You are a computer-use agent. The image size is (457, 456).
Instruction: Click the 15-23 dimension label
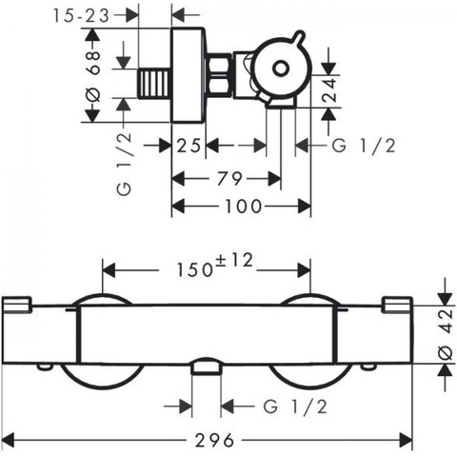(x=81, y=15)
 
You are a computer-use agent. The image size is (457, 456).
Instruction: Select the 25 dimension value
(x=189, y=146)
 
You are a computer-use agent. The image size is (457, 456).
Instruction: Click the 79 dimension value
(x=229, y=179)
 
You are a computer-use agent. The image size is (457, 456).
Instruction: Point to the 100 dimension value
(x=243, y=207)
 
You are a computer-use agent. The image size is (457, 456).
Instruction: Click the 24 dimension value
(x=329, y=89)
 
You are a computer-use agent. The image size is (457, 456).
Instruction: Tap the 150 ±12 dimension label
(x=214, y=266)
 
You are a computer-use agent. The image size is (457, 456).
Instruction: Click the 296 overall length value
(x=214, y=440)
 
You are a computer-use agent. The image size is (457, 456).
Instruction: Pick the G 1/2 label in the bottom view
(x=295, y=406)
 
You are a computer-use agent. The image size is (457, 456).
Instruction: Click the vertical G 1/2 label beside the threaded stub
(x=124, y=164)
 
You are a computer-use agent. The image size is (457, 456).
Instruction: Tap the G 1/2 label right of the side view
(x=364, y=147)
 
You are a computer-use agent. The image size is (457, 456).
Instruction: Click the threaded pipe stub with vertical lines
(x=154, y=84)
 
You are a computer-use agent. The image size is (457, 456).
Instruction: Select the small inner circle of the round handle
(x=281, y=69)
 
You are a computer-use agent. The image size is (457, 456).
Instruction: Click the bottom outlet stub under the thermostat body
(x=206, y=367)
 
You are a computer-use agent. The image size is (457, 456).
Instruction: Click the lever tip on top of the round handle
(x=300, y=35)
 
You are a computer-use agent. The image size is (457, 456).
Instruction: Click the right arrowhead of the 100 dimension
(x=305, y=207)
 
